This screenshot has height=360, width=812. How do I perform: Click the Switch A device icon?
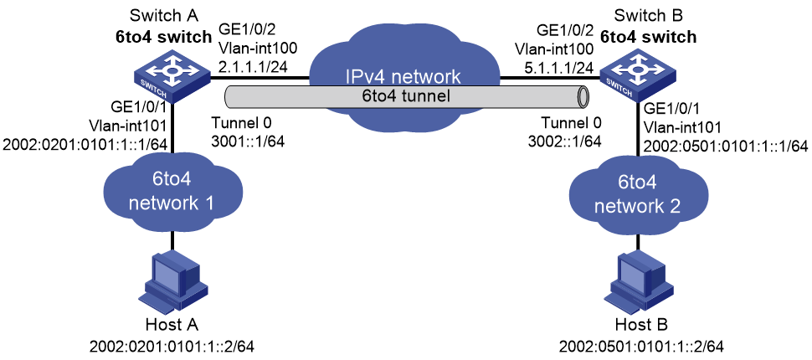coord(172,77)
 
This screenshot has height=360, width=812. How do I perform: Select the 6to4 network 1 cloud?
coord(172,199)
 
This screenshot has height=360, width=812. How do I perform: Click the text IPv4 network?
coord(403,77)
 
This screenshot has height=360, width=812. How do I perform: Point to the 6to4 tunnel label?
coord(404,95)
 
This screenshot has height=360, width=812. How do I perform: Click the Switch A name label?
coord(156,16)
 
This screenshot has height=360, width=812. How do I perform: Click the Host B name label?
coord(641,325)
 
